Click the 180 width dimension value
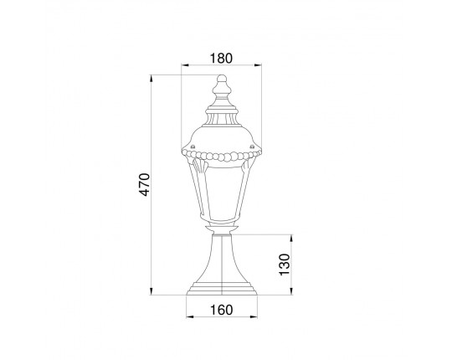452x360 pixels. pos(221,59)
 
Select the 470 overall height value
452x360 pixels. pos(145,184)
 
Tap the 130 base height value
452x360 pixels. pos(285,265)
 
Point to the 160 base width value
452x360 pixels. pos(221,310)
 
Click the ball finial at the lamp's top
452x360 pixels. pos(222,79)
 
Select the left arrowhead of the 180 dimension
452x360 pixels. pos(185,65)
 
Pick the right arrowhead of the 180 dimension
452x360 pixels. pos(258,65)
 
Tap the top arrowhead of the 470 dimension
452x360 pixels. pos(151,79)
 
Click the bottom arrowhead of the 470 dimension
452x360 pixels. pos(151,291)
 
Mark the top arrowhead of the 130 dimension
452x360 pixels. pos(291,239)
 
